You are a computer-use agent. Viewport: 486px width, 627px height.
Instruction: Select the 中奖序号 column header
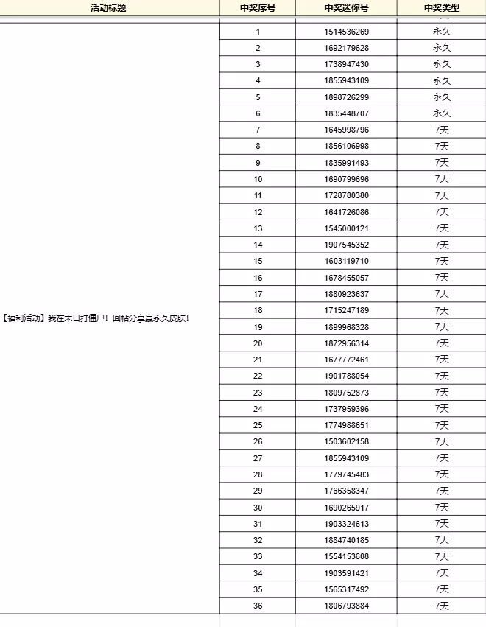(258, 8)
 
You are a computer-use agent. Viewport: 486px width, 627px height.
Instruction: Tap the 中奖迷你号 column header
(346, 8)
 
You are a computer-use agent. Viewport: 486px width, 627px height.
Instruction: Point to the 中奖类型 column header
(442, 8)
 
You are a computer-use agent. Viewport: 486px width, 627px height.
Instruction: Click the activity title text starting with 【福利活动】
(96, 319)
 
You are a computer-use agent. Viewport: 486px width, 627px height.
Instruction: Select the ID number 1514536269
(346, 32)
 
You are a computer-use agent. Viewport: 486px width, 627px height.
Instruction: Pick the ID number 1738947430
(346, 64)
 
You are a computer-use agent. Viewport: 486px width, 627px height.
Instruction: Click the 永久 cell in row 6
(442, 113)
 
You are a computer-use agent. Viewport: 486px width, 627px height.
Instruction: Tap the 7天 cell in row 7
(442, 130)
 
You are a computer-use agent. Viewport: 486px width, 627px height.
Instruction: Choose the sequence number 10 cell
(258, 179)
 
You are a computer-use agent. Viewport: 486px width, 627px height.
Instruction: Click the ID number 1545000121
(346, 228)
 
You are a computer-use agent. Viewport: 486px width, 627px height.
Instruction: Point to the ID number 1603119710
(346, 261)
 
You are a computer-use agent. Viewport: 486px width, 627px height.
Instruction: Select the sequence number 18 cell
(258, 310)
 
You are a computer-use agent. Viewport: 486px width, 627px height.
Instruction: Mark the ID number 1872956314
(346, 343)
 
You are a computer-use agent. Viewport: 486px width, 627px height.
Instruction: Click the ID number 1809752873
(346, 393)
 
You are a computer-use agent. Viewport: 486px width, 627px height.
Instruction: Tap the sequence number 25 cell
(258, 425)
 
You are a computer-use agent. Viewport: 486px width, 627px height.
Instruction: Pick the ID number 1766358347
(346, 491)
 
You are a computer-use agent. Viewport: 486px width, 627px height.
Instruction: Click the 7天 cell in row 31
(442, 524)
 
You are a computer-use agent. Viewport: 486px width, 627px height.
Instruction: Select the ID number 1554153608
(346, 556)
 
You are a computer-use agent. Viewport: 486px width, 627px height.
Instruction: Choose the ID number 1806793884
(346, 606)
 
